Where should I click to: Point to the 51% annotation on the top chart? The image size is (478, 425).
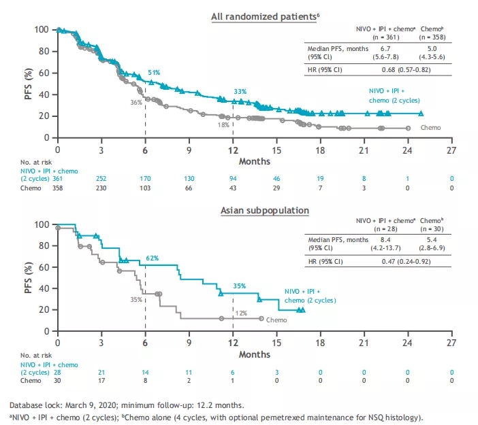point(154,72)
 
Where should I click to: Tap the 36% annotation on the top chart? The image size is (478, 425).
point(136,102)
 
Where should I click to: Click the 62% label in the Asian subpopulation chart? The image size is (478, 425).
point(152,258)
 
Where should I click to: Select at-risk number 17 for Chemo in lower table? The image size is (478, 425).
point(101,381)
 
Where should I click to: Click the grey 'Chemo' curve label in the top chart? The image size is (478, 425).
point(430,127)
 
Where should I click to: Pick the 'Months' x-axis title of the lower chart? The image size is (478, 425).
point(255,355)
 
